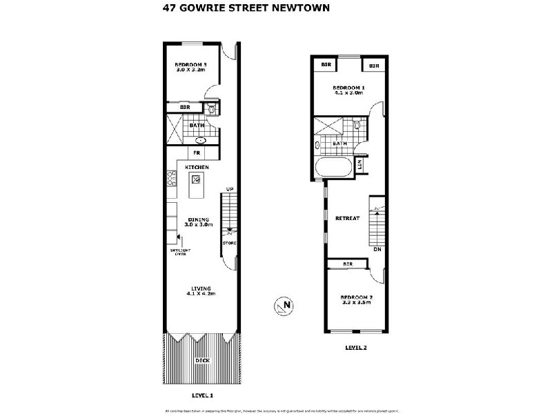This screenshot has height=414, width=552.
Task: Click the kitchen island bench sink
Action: [196, 181]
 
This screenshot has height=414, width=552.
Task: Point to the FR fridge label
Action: [197, 152]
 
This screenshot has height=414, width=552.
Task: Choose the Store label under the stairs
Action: [229, 244]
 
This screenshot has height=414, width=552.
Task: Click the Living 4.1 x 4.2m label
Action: [201, 290]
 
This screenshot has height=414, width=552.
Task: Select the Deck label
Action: [201, 360]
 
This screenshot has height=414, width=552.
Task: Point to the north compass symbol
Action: [283, 306]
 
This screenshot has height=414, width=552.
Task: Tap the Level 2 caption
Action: [355, 348]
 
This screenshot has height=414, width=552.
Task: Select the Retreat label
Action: [347, 218]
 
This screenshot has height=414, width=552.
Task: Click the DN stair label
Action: [377, 249]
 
